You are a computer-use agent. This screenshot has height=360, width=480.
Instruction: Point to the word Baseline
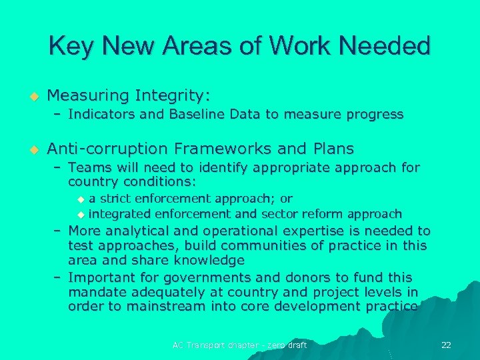coord(199,114)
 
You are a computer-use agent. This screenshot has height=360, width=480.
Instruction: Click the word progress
coord(371,114)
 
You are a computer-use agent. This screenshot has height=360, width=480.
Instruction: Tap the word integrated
coord(120,214)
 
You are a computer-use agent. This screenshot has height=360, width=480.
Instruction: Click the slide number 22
coord(446,345)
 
